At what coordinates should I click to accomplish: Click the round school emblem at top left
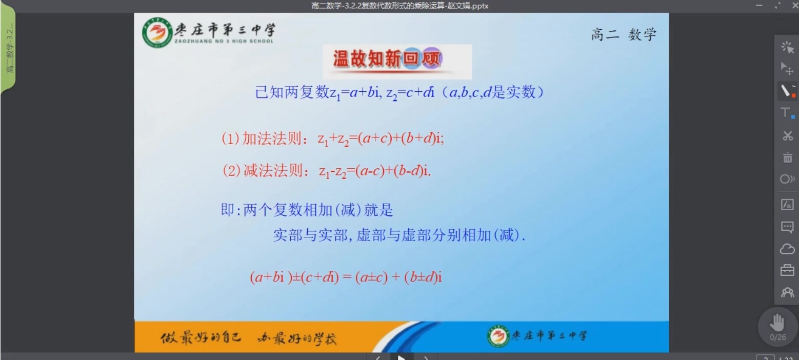click(157, 32)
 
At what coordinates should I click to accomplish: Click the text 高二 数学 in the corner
click(624, 35)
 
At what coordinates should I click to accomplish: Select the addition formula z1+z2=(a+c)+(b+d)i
click(381, 138)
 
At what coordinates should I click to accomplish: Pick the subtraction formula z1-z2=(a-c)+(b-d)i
click(375, 171)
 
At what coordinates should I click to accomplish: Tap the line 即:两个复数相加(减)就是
click(307, 210)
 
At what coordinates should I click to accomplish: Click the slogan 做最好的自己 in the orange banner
click(201, 337)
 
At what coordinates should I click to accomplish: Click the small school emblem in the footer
click(497, 336)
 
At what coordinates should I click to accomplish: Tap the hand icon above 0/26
click(777, 323)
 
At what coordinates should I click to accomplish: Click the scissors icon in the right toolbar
click(788, 136)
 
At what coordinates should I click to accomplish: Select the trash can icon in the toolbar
click(788, 157)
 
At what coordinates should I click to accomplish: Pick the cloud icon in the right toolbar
click(787, 249)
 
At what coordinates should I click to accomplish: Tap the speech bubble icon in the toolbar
click(787, 227)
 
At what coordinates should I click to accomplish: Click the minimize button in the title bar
click(759, 6)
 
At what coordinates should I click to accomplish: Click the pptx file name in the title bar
click(399, 6)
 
